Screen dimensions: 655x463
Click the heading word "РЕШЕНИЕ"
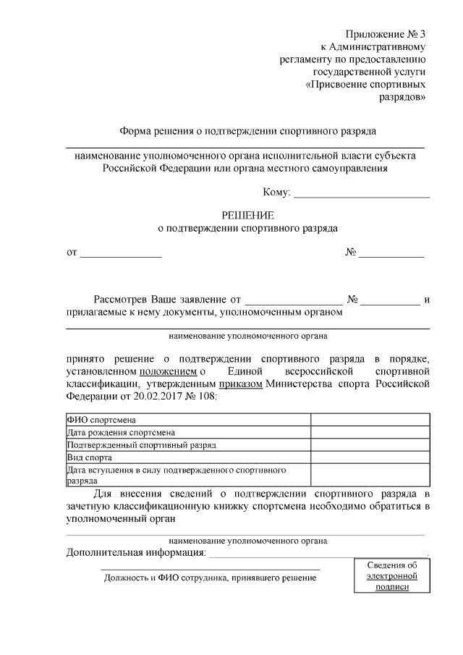[248, 215]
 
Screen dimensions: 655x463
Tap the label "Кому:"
[277, 192]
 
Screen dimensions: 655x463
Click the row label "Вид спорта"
[89, 458]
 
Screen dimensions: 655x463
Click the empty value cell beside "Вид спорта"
[370, 458]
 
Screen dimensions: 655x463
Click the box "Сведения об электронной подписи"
[392, 576]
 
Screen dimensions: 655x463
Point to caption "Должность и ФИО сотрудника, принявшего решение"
[210, 578]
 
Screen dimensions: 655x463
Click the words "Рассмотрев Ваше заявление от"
[166, 299]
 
